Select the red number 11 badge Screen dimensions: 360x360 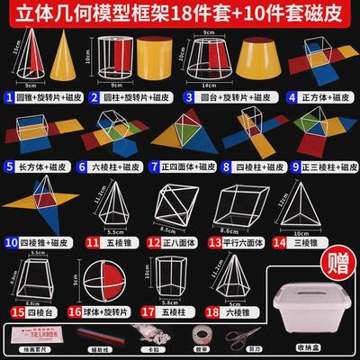(x=92, y=241)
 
